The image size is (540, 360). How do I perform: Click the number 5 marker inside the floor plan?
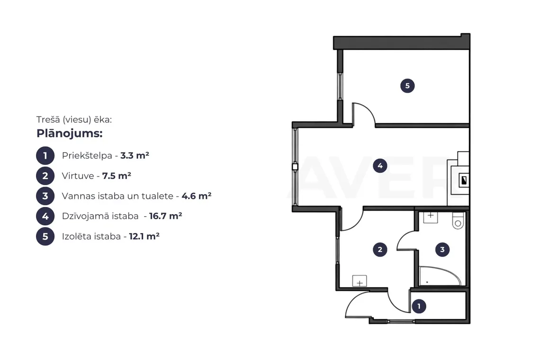point(407,86)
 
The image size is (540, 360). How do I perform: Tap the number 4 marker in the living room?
point(380,166)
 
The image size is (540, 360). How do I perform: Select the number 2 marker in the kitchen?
point(380,250)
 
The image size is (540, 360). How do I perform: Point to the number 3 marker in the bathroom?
point(442,250)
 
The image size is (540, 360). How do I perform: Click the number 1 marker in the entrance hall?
point(419,306)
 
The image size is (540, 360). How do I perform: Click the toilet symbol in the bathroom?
point(458,220)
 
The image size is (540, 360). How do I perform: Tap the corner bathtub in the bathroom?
point(440,276)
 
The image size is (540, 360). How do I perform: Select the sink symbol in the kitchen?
point(360,281)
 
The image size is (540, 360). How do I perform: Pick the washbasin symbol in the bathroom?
point(431,217)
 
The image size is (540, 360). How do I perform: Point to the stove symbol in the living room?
point(464,180)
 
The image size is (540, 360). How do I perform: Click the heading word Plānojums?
point(70,133)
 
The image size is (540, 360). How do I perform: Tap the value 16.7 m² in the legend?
point(166,216)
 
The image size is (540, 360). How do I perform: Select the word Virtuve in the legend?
point(78,176)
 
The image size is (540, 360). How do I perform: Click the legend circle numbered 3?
point(45,196)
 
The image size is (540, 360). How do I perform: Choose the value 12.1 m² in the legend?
point(144,236)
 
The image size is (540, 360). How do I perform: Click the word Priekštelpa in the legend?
point(87,155)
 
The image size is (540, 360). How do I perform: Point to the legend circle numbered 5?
point(45,236)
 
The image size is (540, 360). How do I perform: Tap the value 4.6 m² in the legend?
point(197,196)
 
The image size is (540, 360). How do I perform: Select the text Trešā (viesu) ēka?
point(74,119)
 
